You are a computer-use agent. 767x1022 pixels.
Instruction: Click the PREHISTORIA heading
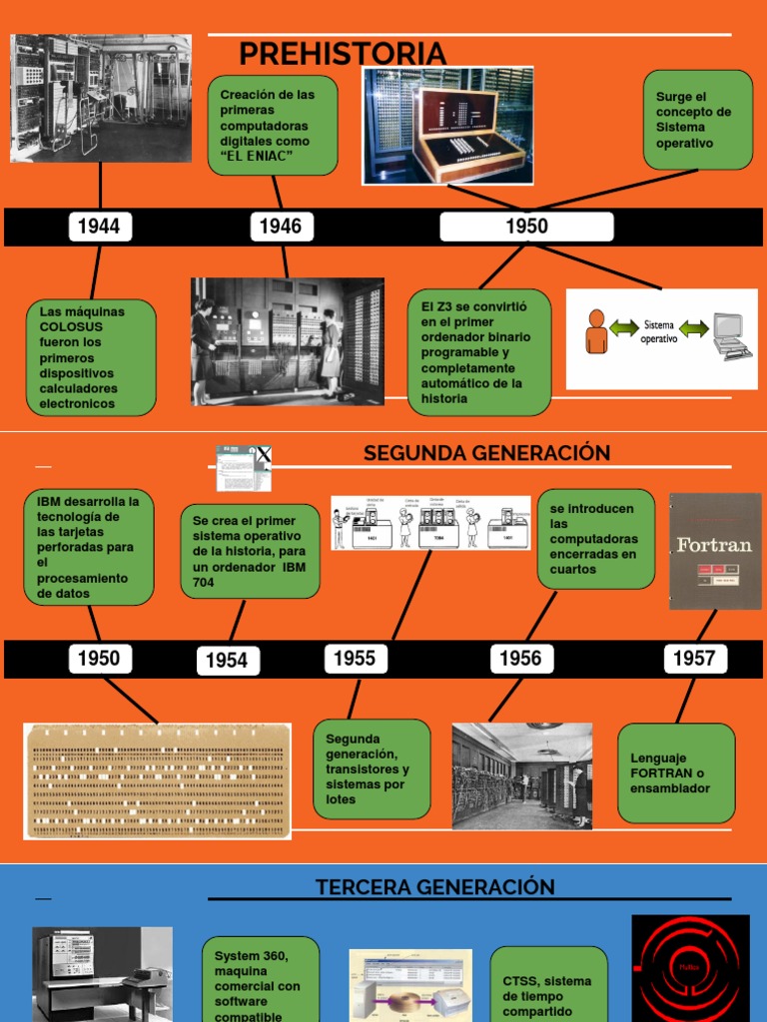pos(343,53)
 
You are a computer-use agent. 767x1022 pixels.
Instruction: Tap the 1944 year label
pos(99,227)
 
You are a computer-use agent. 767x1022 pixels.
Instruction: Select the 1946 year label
pos(281,227)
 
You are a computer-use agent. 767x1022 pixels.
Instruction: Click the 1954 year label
pos(227,660)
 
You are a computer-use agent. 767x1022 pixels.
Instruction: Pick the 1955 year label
pos(355,658)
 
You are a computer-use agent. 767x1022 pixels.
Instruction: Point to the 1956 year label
pos(520,658)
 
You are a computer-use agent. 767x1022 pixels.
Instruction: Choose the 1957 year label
pos(694,658)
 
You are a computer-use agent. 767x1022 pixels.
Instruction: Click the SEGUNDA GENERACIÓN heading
pos(486,453)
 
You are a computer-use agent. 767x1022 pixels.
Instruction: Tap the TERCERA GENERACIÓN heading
pos(434,887)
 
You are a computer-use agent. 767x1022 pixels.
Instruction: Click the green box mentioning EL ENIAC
pos(272,125)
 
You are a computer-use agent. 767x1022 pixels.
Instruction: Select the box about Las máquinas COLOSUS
pos(91,357)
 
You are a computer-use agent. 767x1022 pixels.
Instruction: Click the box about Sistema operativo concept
pos(697,120)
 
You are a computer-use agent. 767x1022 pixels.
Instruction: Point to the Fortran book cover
pos(714,551)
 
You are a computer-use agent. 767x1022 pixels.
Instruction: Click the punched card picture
pos(157,780)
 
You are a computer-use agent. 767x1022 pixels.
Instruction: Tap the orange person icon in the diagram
pos(596,332)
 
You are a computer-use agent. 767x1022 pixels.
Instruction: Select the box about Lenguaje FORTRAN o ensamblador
pos(676,773)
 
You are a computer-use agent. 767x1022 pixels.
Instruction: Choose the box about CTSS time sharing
pos(548,988)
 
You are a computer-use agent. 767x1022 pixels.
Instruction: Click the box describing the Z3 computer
pos(478,352)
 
